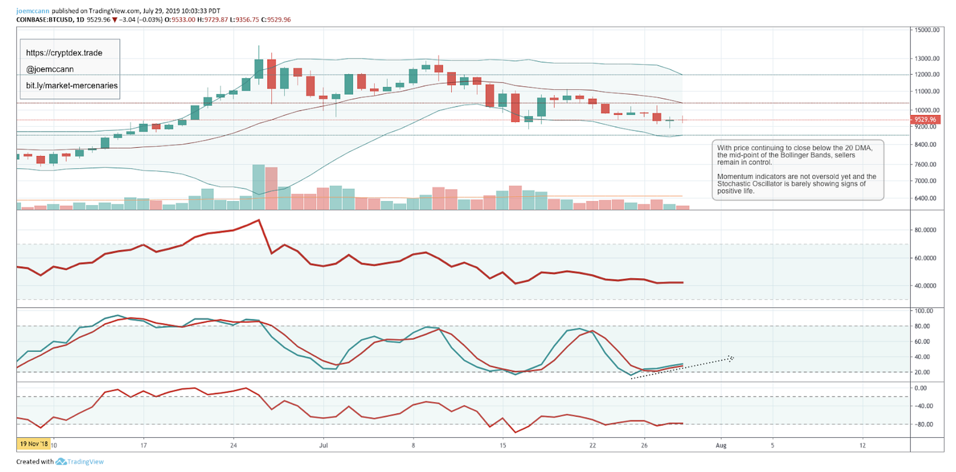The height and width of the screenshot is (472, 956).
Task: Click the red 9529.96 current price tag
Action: click(926, 120)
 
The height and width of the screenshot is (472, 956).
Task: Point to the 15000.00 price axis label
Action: click(927, 29)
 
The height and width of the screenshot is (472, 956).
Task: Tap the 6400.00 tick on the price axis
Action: click(926, 198)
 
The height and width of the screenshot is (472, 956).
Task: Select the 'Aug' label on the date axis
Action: click(721, 445)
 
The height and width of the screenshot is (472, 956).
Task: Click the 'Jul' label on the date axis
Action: click(323, 445)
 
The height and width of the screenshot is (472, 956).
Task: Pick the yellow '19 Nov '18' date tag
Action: click(33, 444)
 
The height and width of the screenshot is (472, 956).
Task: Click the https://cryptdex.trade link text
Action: click(64, 53)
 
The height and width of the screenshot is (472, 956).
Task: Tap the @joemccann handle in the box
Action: click(50, 69)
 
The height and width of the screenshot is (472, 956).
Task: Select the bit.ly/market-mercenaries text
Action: click(72, 86)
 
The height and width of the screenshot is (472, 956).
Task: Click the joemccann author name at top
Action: click(33, 11)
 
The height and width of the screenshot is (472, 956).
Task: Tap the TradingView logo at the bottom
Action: click(80, 462)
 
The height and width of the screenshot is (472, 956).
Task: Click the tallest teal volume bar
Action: click(259, 187)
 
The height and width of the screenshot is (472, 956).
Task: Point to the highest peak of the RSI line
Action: click(259, 220)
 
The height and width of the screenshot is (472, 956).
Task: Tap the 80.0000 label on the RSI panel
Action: click(926, 230)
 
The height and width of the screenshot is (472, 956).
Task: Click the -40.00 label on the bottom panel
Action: click(925, 406)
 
